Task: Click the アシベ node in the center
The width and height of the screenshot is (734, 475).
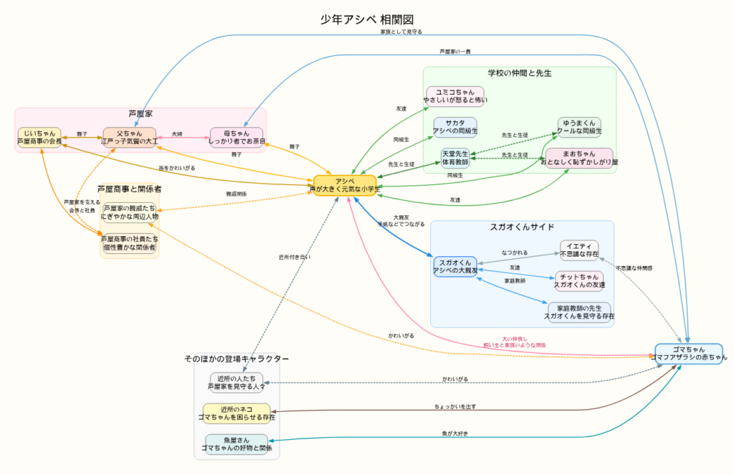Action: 345,186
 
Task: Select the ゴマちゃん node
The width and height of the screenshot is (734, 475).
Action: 688,353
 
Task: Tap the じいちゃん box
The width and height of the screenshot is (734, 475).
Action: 39,137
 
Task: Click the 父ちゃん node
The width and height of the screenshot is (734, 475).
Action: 130,137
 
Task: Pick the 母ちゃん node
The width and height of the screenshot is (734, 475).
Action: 237,137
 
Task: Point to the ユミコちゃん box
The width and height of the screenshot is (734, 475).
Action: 455,95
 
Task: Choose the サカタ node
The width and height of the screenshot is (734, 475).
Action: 454,127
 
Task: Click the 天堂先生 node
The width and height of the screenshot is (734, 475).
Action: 454,158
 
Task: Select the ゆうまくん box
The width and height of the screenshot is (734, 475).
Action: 579,127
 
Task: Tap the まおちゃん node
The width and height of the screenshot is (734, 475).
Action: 579,158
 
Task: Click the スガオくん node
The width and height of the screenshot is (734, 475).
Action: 454,266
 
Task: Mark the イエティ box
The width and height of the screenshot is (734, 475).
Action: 578,250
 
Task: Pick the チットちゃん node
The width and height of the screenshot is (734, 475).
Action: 579,281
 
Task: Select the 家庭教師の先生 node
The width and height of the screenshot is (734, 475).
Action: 578,311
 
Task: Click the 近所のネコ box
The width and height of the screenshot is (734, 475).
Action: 237,413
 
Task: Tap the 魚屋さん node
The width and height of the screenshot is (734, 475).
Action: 237,444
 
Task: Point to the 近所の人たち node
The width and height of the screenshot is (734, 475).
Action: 237,382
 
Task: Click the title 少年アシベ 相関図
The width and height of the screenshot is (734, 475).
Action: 367,19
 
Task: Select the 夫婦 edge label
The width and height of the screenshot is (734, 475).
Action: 177,134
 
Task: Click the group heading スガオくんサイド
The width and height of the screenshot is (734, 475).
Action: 522,227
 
